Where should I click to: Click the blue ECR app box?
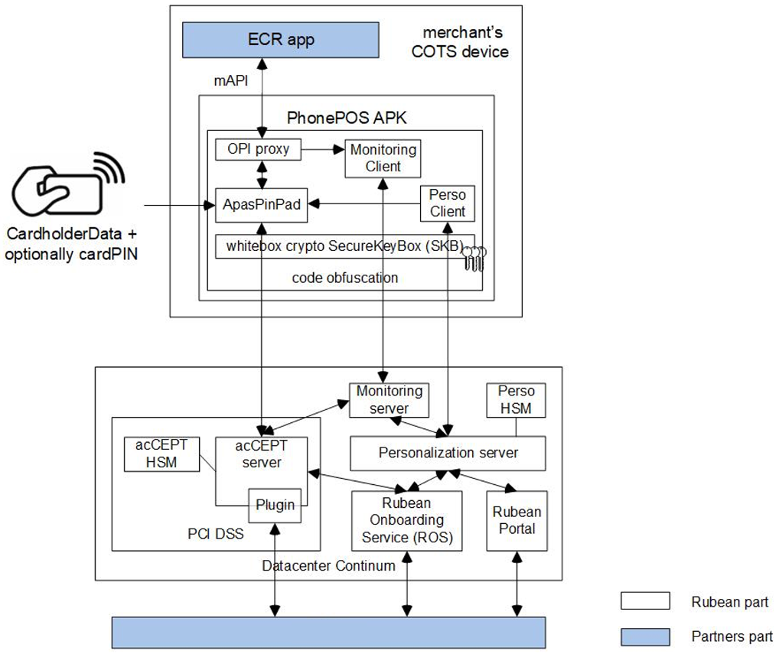(281, 39)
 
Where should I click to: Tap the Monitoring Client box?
(383, 158)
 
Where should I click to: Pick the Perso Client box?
(447, 203)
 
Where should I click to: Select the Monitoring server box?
(389, 399)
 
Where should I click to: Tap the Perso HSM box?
(517, 399)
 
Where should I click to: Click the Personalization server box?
(448, 453)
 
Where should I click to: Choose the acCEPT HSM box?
(161, 454)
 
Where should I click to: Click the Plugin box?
(273, 505)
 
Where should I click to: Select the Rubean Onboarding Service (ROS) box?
(406, 520)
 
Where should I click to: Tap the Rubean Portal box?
(517, 520)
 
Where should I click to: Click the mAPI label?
(230, 80)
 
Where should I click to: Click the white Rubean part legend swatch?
(644, 602)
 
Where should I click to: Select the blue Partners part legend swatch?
(644, 636)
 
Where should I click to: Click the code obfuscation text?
(344, 278)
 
